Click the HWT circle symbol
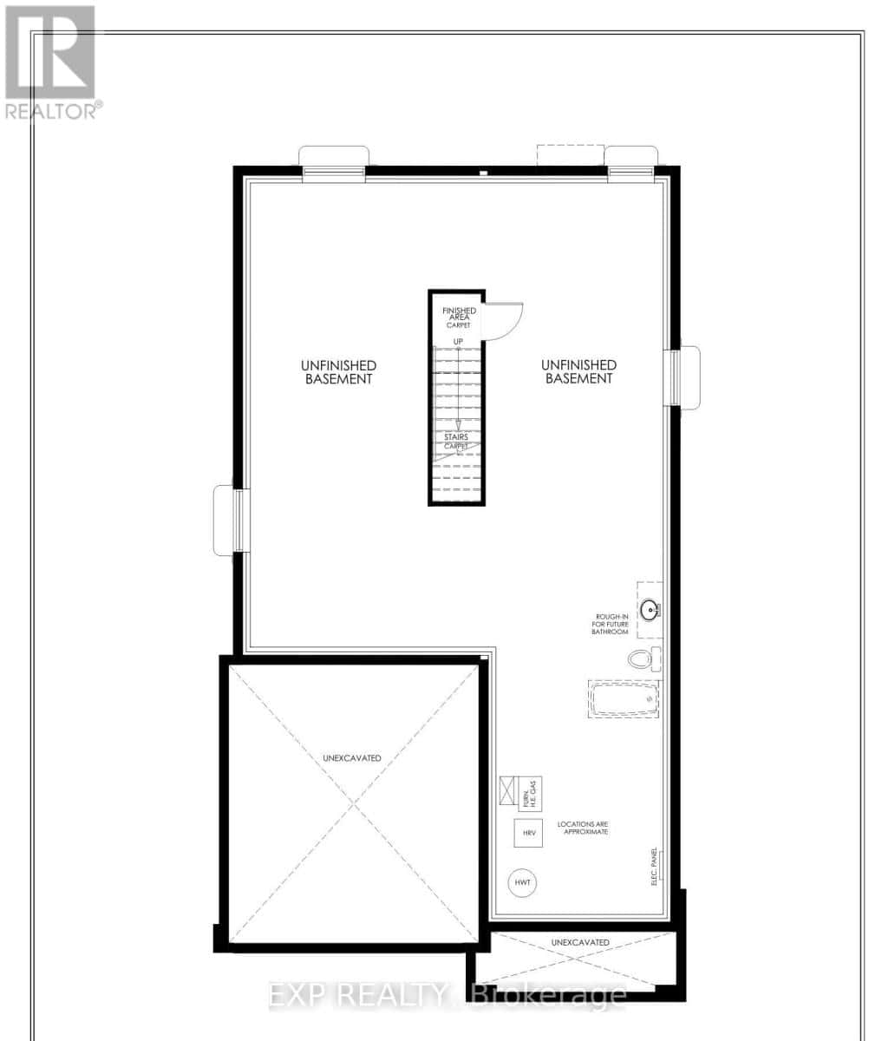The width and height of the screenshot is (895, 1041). coord(522,882)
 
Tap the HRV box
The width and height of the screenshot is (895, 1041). coord(528,833)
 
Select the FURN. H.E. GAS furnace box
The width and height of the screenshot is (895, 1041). coord(529,791)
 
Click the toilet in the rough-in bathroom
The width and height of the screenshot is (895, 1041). coord(643,659)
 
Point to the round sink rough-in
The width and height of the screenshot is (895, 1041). coord(650,610)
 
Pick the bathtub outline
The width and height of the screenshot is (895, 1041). coord(623,698)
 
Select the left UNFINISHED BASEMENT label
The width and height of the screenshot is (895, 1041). coord(338,372)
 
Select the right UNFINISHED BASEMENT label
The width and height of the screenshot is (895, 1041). coord(579,372)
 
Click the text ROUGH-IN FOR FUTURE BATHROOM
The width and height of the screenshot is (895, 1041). coord(605,625)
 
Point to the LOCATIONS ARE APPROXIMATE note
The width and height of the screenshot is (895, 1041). coord(582,827)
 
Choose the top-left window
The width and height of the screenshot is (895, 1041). coord(334,169)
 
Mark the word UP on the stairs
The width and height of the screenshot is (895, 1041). coord(458,341)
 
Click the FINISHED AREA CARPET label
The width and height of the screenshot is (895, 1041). coord(459,318)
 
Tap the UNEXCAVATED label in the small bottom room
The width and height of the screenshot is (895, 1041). coord(580,942)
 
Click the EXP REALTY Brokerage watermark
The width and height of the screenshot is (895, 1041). coord(447,994)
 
